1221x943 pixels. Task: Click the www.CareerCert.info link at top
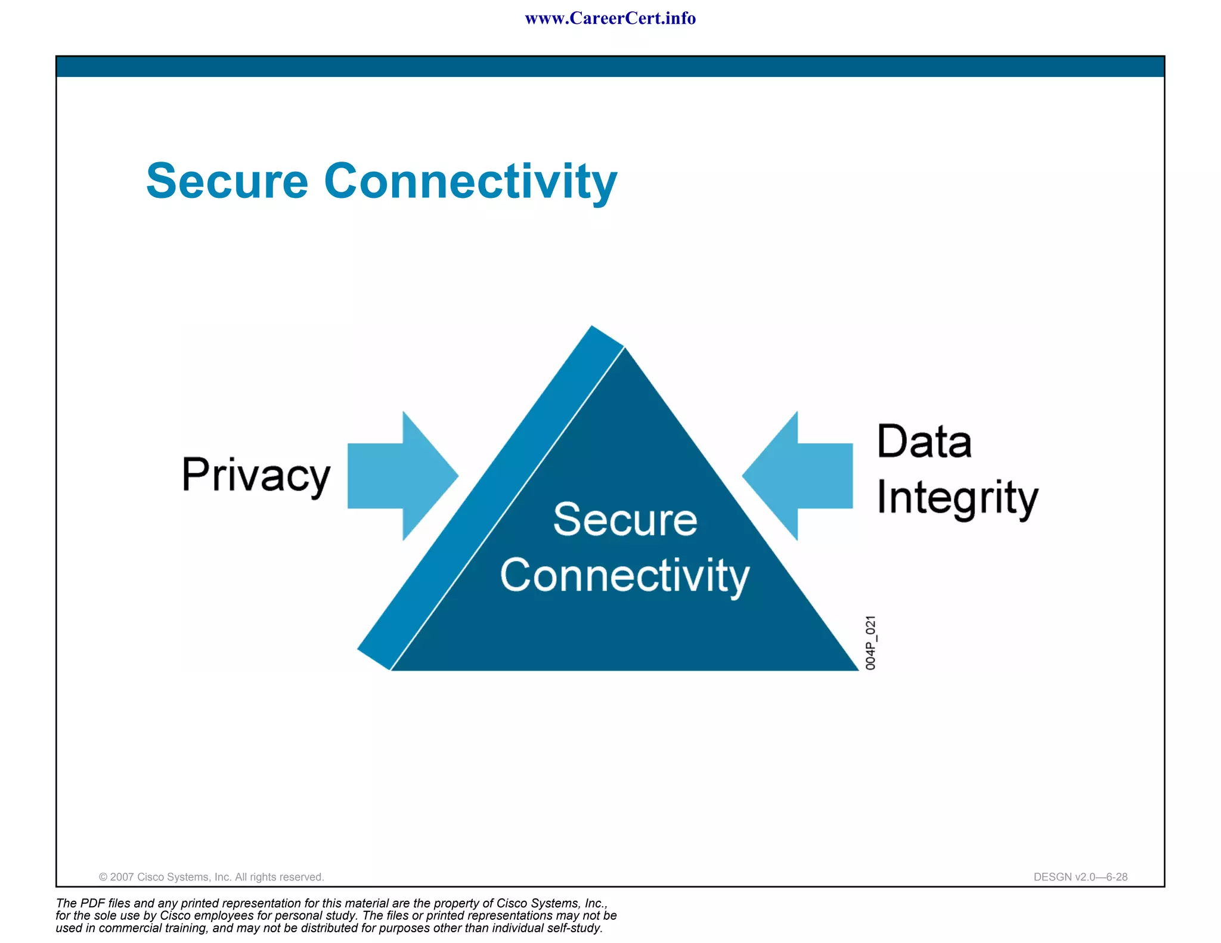[x=610, y=18]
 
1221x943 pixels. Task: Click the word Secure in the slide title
[x=227, y=181]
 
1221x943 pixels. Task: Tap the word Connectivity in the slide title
[x=470, y=182]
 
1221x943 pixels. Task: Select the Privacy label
[x=256, y=476]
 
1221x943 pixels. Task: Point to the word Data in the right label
[x=924, y=442]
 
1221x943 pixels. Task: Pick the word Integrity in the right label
[x=957, y=498]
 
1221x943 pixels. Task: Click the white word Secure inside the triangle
[x=625, y=520]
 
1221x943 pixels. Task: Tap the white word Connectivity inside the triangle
[x=625, y=576]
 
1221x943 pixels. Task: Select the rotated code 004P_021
[x=870, y=643]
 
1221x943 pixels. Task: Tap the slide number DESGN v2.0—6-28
[x=1080, y=877]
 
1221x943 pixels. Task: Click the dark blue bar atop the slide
[x=610, y=67]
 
